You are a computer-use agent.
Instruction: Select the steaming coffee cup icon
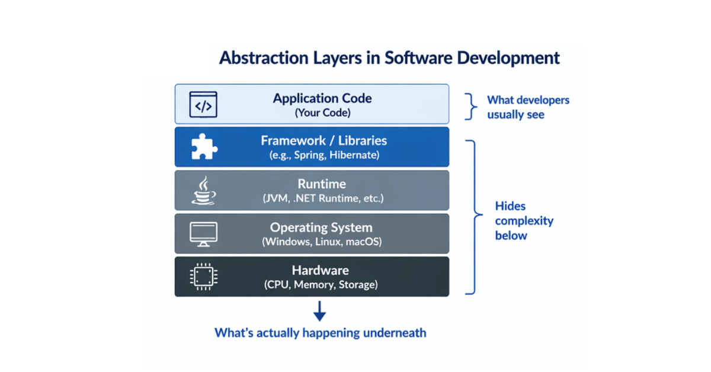click(203, 190)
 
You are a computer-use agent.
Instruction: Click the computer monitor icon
click(203, 234)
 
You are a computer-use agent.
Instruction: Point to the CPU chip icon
click(203, 276)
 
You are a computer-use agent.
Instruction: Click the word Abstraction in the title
click(259, 58)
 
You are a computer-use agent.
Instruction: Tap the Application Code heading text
click(322, 98)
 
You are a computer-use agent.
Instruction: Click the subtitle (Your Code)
click(322, 113)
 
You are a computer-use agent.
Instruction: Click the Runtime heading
click(322, 184)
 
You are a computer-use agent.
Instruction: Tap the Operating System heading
click(321, 227)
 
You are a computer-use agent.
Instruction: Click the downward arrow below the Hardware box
click(320, 310)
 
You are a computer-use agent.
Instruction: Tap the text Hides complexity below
click(524, 220)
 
